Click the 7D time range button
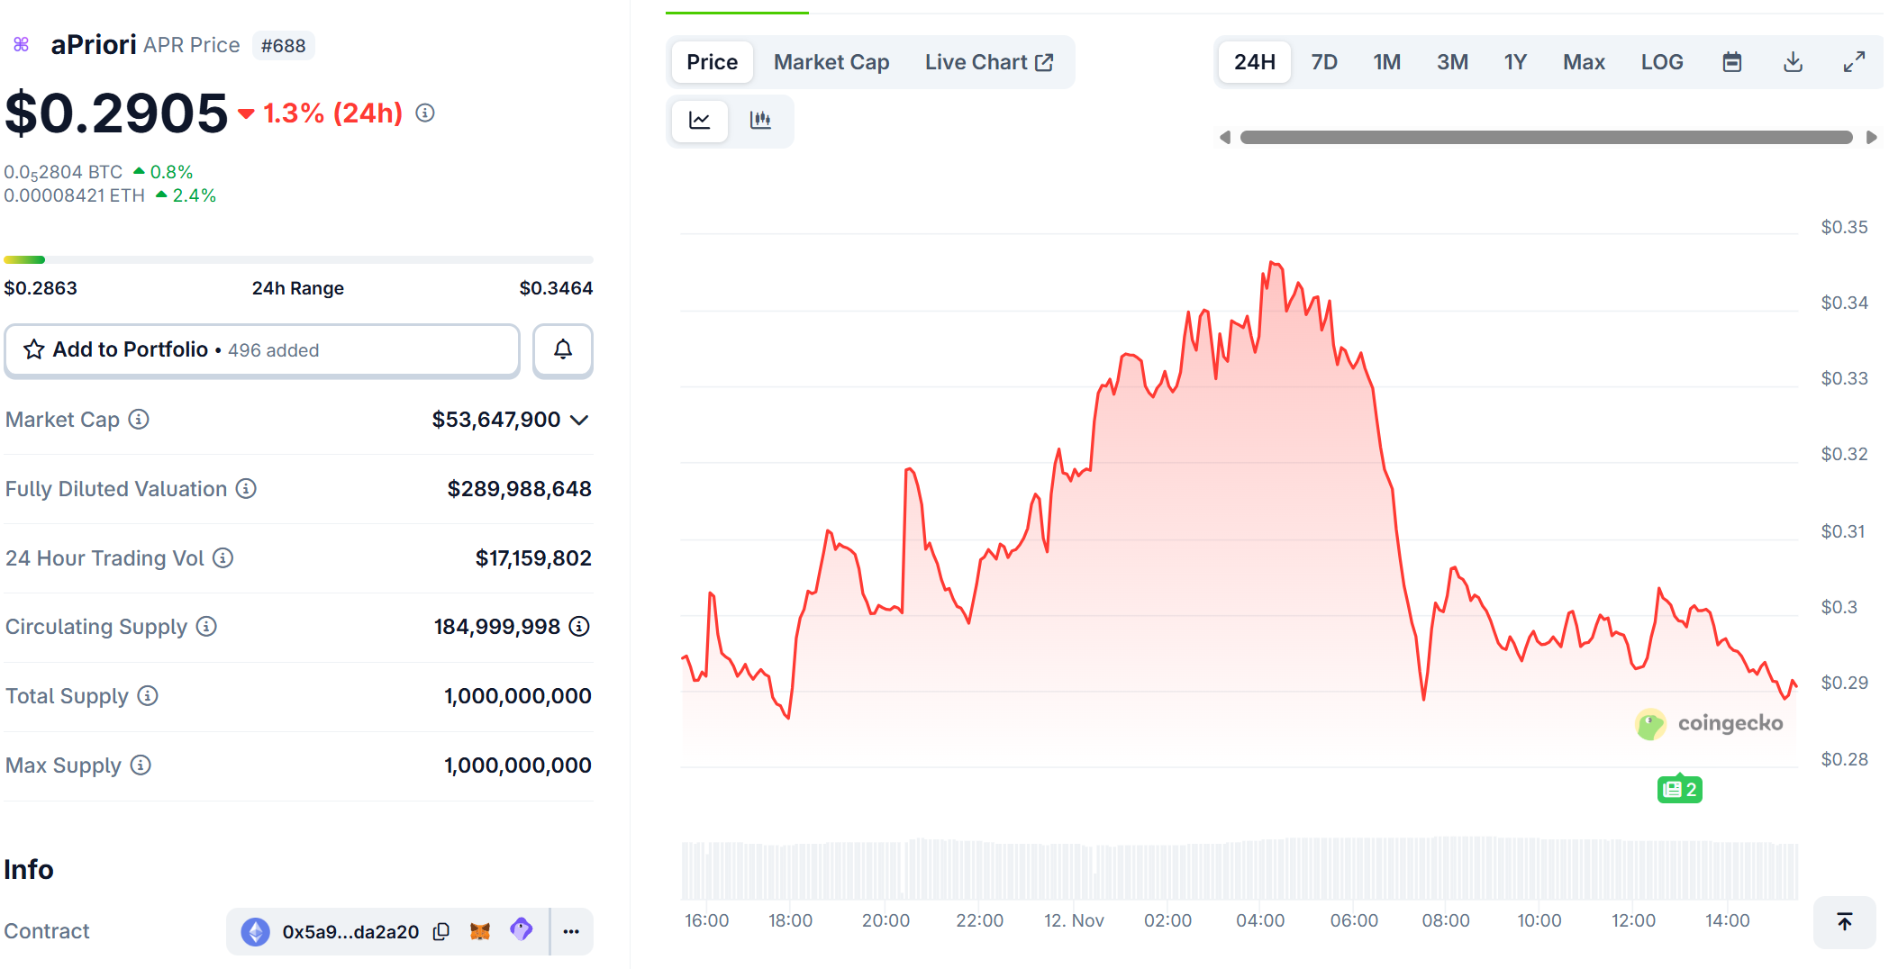pyautogui.click(x=1323, y=62)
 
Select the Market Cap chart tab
pyautogui.click(x=831, y=62)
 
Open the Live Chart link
pyautogui.click(x=988, y=62)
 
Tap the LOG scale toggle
pyautogui.click(x=1661, y=62)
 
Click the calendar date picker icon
pyautogui.click(x=1731, y=62)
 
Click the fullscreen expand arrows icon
pyautogui.click(x=1853, y=62)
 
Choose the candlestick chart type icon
pyautogui.click(x=760, y=120)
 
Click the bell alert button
pyautogui.click(x=562, y=349)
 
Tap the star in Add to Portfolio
pyautogui.click(x=34, y=349)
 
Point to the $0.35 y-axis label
pyautogui.click(x=1843, y=227)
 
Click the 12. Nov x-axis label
pyautogui.click(x=1074, y=920)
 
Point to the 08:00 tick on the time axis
pyautogui.click(x=1445, y=920)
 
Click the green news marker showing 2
pyautogui.click(x=1679, y=790)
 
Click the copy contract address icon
pyautogui.click(x=441, y=931)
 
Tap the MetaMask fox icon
pyautogui.click(x=480, y=931)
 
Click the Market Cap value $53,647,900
pyautogui.click(x=496, y=420)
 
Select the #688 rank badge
pyautogui.click(x=283, y=46)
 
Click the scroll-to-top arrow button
pyautogui.click(x=1844, y=921)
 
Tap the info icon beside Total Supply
pyautogui.click(x=148, y=695)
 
